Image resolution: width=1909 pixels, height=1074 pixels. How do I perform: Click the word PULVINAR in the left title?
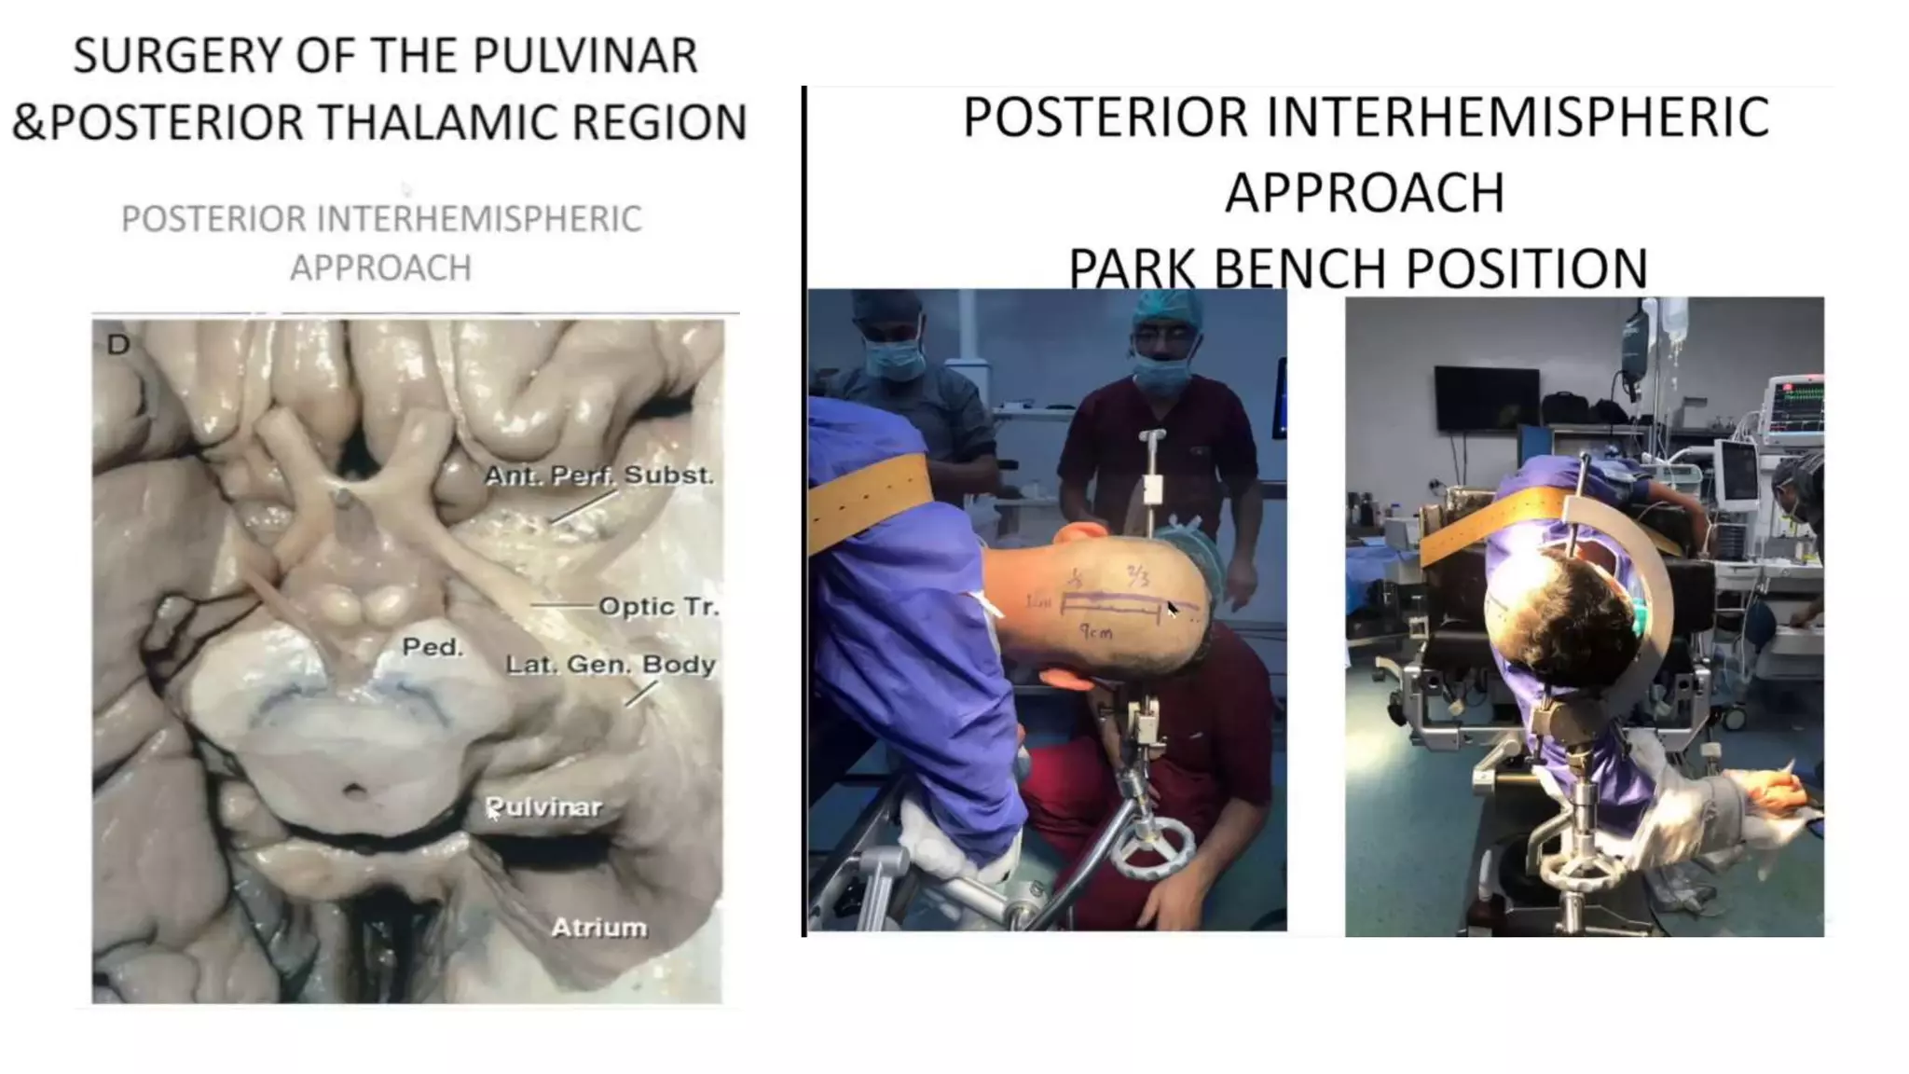tap(584, 56)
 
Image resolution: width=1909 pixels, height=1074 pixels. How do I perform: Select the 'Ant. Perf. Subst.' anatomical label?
tap(598, 475)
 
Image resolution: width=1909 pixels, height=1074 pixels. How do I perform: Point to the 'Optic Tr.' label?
tap(658, 607)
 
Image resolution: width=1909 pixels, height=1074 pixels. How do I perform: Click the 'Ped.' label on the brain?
tap(433, 647)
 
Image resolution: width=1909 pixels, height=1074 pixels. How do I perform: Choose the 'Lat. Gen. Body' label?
tap(611, 665)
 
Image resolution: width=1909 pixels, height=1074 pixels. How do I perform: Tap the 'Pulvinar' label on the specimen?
tap(544, 807)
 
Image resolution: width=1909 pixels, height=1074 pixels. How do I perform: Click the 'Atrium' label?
tap(598, 928)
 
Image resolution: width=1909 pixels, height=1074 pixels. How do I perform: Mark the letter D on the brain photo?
tap(118, 345)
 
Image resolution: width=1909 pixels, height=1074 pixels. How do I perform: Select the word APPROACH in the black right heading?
tap(1365, 193)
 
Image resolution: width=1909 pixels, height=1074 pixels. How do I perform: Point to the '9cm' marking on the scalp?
tap(1096, 632)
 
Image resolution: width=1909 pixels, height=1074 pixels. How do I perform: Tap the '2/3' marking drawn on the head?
tap(1137, 575)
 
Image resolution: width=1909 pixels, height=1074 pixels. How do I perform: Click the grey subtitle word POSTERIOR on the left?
tap(213, 220)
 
